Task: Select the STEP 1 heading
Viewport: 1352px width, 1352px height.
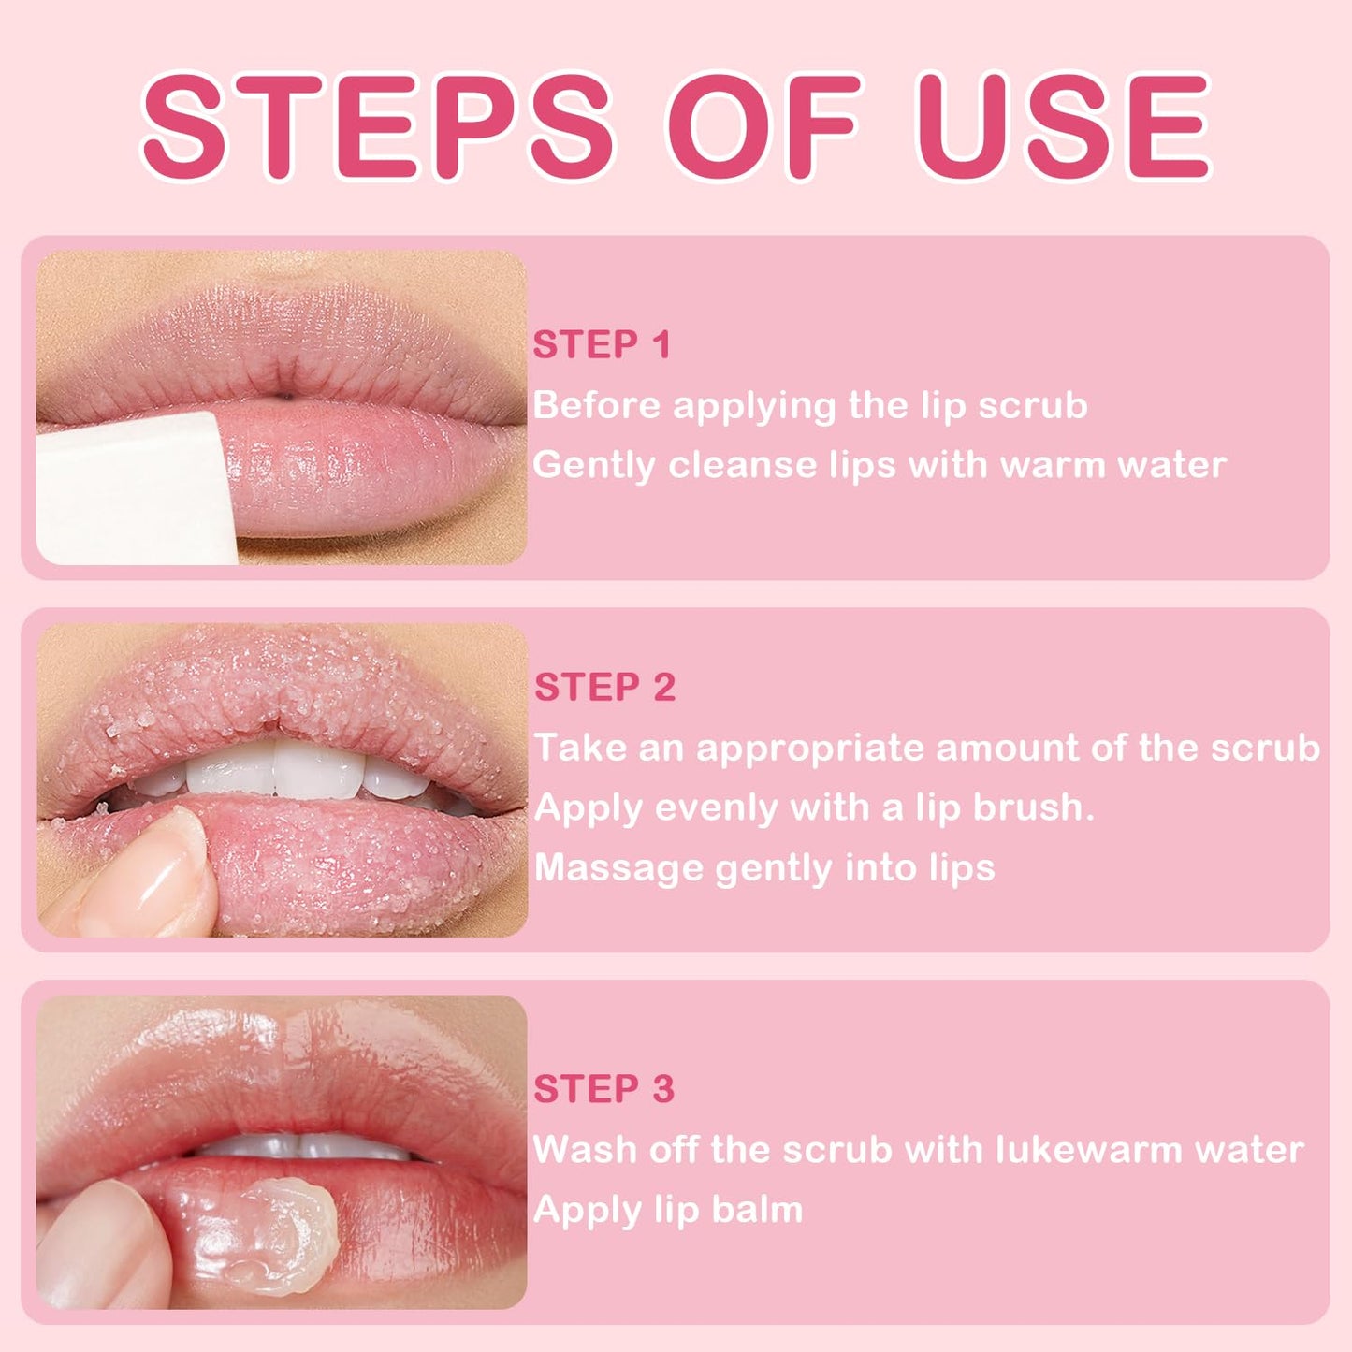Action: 603,345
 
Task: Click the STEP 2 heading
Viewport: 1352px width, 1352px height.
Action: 604,688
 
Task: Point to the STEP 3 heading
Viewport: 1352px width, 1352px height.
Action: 603,1089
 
